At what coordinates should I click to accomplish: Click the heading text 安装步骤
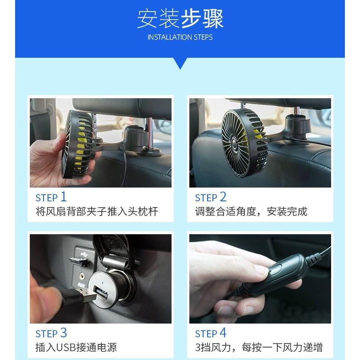click(x=180, y=18)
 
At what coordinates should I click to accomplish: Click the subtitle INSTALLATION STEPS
click(x=180, y=37)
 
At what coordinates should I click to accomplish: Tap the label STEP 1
click(x=51, y=197)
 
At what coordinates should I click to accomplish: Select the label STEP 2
click(x=211, y=197)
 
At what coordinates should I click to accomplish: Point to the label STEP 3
click(x=51, y=333)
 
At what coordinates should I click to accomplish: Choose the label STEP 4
click(x=211, y=333)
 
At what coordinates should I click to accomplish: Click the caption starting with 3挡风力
click(x=259, y=348)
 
